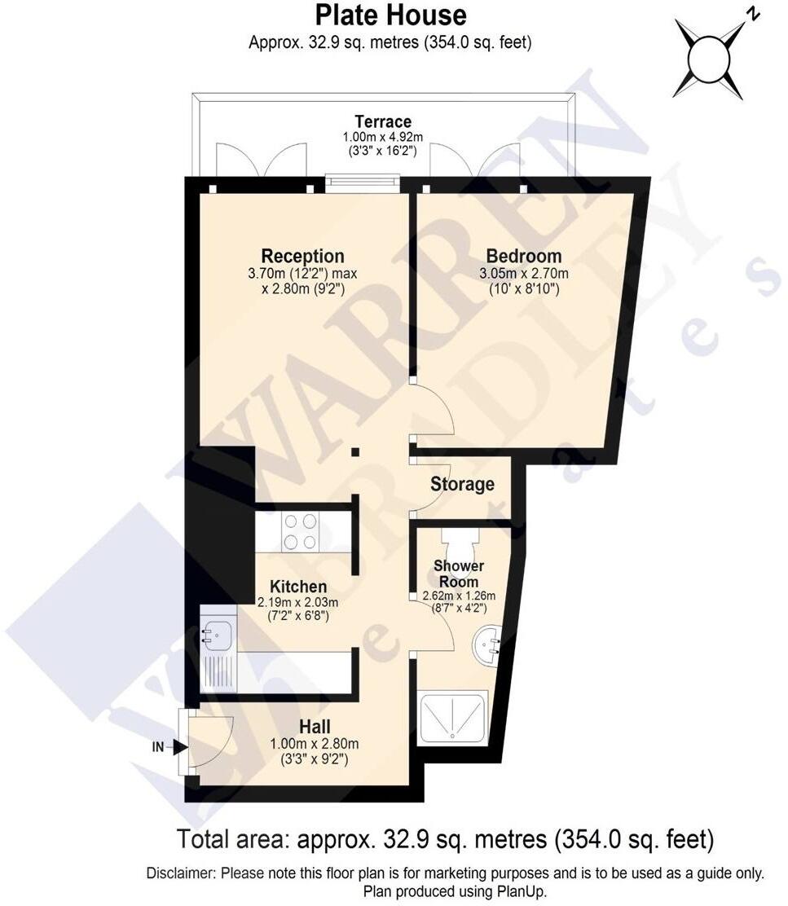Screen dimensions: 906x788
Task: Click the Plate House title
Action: [390, 15]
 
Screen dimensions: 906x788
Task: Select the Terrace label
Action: [388, 123]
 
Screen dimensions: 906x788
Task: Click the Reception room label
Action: [302, 256]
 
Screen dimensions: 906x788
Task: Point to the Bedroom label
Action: [523, 256]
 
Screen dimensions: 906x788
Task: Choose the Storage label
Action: [462, 485]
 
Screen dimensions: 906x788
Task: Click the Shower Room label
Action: [458, 574]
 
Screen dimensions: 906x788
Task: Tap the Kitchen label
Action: [298, 587]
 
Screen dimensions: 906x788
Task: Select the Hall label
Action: [314, 725]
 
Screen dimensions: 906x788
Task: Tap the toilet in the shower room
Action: [464, 540]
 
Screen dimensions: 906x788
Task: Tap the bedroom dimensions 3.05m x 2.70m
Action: [523, 274]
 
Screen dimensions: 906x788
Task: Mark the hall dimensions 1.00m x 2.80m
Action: [314, 743]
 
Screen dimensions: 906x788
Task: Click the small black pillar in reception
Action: [355, 452]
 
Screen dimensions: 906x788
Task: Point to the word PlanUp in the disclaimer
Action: [523, 891]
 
